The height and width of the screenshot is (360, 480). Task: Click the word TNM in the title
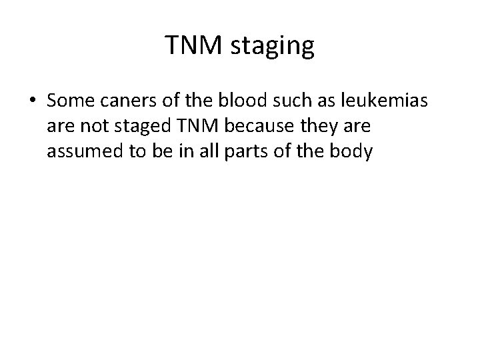coord(190,47)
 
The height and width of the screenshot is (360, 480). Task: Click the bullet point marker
coord(33,101)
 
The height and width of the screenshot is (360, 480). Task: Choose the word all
coord(194,152)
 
